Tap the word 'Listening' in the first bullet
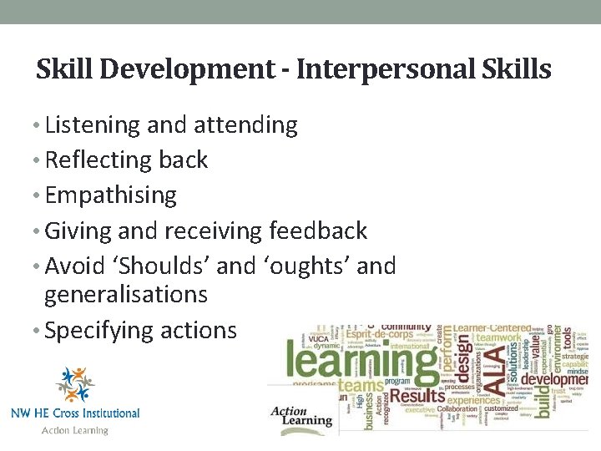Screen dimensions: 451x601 pos(93,125)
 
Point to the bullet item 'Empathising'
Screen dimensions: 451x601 pos(111,195)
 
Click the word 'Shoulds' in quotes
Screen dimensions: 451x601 pos(165,266)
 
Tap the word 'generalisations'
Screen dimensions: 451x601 pos(126,294)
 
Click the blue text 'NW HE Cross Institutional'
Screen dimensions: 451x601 pos(75,413)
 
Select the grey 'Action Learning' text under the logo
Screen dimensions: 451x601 pos(75,430)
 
